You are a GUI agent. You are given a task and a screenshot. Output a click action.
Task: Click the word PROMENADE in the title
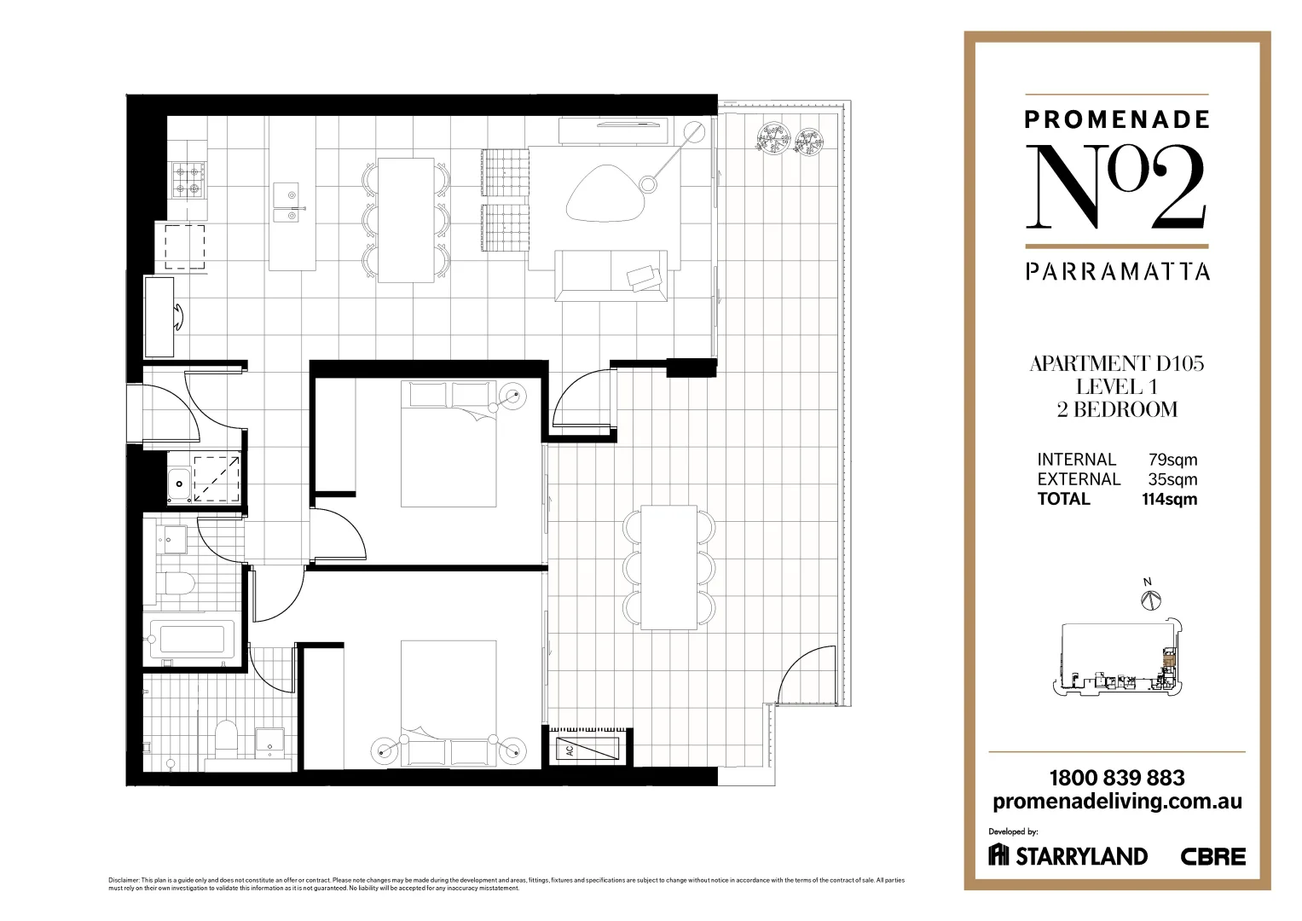click(1116, 119)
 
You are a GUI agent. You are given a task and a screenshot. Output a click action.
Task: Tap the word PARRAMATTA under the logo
click(1117, 271)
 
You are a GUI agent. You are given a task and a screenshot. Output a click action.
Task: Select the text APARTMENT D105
click(1116, 364)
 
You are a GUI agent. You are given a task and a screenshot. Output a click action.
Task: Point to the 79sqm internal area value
click(1172, 460)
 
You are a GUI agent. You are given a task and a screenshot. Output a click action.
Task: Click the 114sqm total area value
click(1169, 500)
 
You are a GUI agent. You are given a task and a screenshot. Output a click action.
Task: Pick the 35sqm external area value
click(1172, 479)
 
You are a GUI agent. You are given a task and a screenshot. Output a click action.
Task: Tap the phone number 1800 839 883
click(1116, 778)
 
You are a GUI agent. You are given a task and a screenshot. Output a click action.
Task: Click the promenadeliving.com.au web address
click(1117, 802)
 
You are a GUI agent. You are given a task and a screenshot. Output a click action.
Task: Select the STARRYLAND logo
click(1068, 855)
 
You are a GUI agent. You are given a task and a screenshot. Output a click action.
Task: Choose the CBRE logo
click(1212, 856)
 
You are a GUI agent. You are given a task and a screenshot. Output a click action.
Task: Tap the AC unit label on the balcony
click(568, 751)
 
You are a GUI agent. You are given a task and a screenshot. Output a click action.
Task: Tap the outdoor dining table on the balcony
click(668, 567)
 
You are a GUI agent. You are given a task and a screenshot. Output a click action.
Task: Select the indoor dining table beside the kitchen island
click(406, 219)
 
